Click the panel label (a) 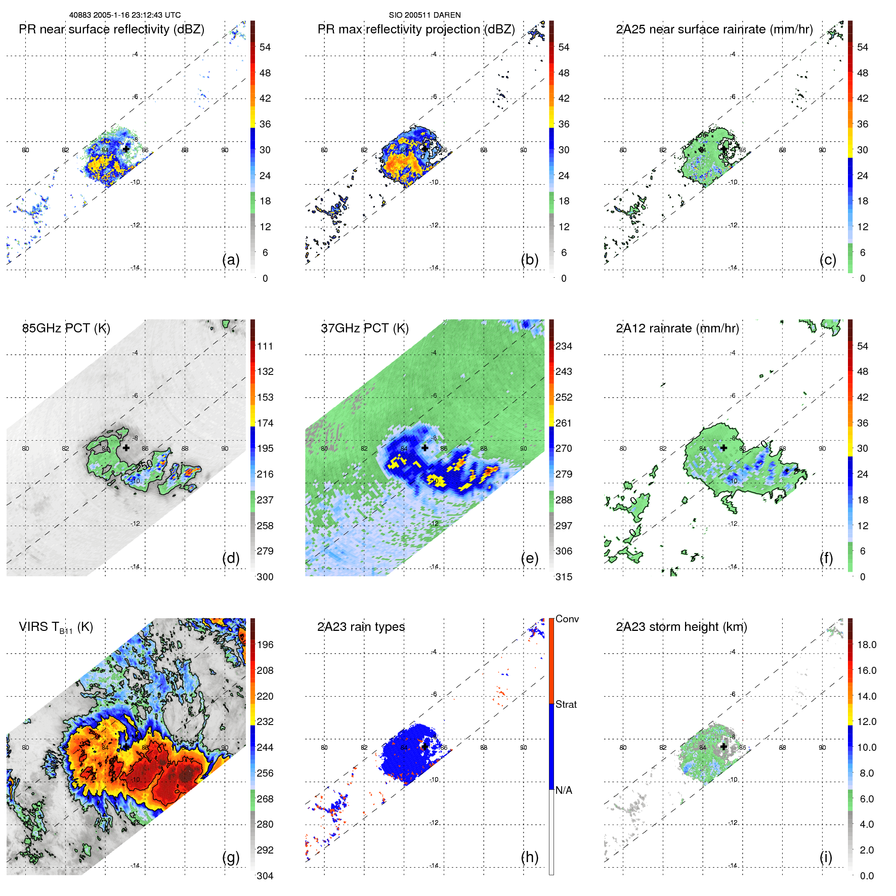click(x=231, y=260)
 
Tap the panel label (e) click(x=529, y=558)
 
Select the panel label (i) click(x=826, y=857)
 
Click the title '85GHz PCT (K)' click(x=66, y=328)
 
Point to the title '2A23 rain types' click(x=361, y=627)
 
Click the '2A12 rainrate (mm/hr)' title click(x=677, y=328)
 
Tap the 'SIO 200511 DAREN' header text click(x=424, y=15)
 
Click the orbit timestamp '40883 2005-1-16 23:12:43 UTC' click(x=125, y=15)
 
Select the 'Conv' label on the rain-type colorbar click(x=567, y=619)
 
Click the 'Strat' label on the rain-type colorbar click(x=566, y=704)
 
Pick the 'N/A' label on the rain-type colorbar click(x=564, y=790)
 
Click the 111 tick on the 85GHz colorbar click(x=265, y=346)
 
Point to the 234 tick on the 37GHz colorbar click(x=564, y=346)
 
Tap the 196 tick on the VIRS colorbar click(x=265, y=645)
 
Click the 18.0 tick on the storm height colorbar click(x=867, y=645)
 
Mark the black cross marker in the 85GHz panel click(x=126, y=447)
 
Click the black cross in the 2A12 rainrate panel click(x=723, y=447)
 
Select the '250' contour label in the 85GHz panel click(x=144, y=465)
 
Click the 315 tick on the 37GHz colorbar click(x=564, y=577)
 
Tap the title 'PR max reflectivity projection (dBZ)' click(x=416, y=29)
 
